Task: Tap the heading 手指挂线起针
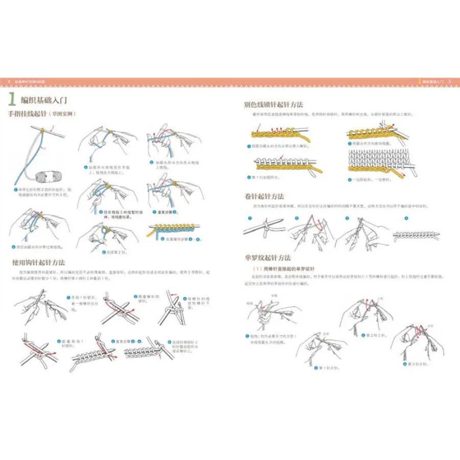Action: coord(27,114)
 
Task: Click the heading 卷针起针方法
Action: coord(264,196)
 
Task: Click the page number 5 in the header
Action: coord(449,81)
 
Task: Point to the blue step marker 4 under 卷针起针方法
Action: coord(406,219)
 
